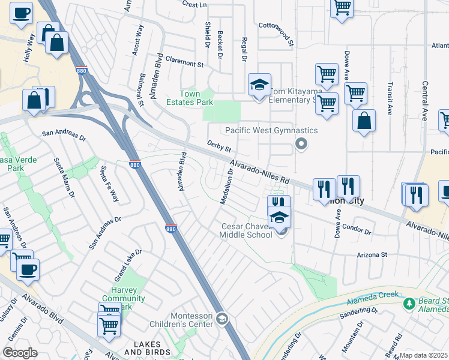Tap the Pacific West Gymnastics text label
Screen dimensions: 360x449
point(271,130)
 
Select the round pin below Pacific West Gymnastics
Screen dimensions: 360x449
point(301,144)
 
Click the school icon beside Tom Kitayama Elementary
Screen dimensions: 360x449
point(260,85)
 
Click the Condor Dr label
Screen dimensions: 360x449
point(356,229)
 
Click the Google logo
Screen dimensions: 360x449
point(20,353)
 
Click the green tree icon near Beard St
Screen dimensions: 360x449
point(409,303)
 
